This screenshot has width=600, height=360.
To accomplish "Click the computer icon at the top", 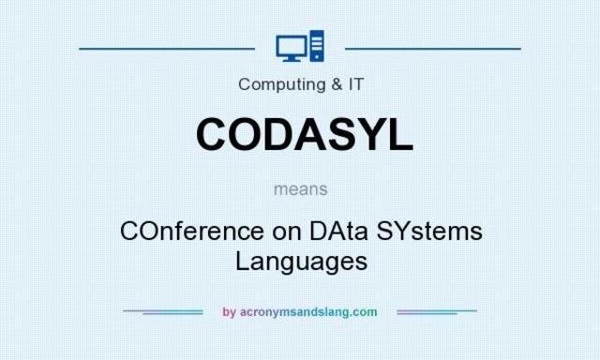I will click(300, 46).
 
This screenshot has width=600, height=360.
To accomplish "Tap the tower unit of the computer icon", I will click(316, 46).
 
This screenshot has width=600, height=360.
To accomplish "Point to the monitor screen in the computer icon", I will click(291, 44).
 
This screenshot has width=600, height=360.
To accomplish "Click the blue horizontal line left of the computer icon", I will click(167, 47).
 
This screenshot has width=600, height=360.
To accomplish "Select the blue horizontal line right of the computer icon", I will click(433, 47).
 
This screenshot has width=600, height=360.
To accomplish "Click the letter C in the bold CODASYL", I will click(214, 134).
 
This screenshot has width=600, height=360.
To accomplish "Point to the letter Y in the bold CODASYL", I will click(361, 134).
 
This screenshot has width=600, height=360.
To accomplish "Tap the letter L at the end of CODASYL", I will click(397, 134).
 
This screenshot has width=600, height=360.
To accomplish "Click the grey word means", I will click(301, 188).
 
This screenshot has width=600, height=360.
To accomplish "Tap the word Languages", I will click(301, 261).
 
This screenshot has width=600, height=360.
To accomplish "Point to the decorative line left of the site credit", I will click(163, 311).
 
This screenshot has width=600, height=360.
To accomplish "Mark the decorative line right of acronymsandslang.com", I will click(437, 311).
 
